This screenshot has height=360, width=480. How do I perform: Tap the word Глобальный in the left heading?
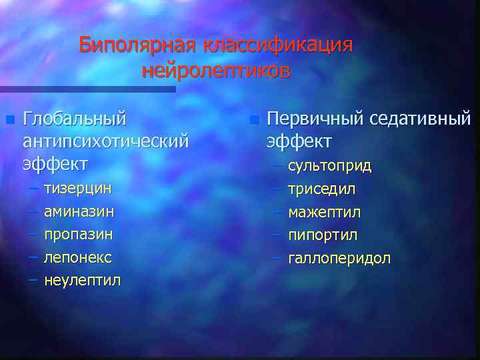click(74, 119)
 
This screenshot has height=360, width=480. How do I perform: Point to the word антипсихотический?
click(105, 141)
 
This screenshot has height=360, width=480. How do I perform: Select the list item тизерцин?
click(77, 188)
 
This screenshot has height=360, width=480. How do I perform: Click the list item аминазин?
click(79, 211)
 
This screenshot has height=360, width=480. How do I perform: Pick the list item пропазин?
click(78, 234)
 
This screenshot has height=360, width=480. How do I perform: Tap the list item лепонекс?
click(77, 257)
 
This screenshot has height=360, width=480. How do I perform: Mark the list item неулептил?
click(83, 280)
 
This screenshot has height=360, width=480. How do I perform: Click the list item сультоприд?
click(330, 165)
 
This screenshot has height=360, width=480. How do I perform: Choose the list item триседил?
click(321, 189)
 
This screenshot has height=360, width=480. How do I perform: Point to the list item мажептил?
click(324, 212)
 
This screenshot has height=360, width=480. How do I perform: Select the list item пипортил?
click(323, 235)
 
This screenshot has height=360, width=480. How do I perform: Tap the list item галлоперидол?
click(339, 258)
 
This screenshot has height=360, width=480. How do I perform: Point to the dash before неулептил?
click(33, 280)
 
